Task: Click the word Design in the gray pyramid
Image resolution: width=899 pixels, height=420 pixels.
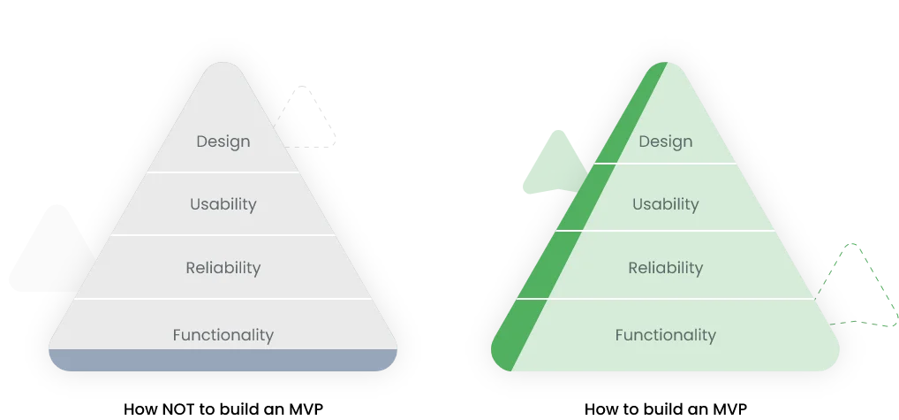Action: click(223, 141)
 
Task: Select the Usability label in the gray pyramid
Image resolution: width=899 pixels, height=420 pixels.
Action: click(223, 204)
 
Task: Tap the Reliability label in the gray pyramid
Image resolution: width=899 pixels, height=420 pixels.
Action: click(223, 268)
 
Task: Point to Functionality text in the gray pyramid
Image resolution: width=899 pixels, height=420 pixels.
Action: click(223, 335)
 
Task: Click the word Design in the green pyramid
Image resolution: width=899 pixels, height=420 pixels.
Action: click(665, 141)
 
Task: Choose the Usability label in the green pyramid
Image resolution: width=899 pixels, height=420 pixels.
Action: click(665, 204)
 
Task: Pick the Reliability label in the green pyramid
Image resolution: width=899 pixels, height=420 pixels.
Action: click(665, 268)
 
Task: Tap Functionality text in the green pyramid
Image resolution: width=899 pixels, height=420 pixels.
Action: click(665, 335)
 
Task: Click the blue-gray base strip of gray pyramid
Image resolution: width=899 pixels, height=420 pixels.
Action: click(223, 360)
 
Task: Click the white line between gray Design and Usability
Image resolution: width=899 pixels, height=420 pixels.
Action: click(223, 172)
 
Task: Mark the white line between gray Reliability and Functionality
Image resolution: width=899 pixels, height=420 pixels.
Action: click(223, 299)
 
